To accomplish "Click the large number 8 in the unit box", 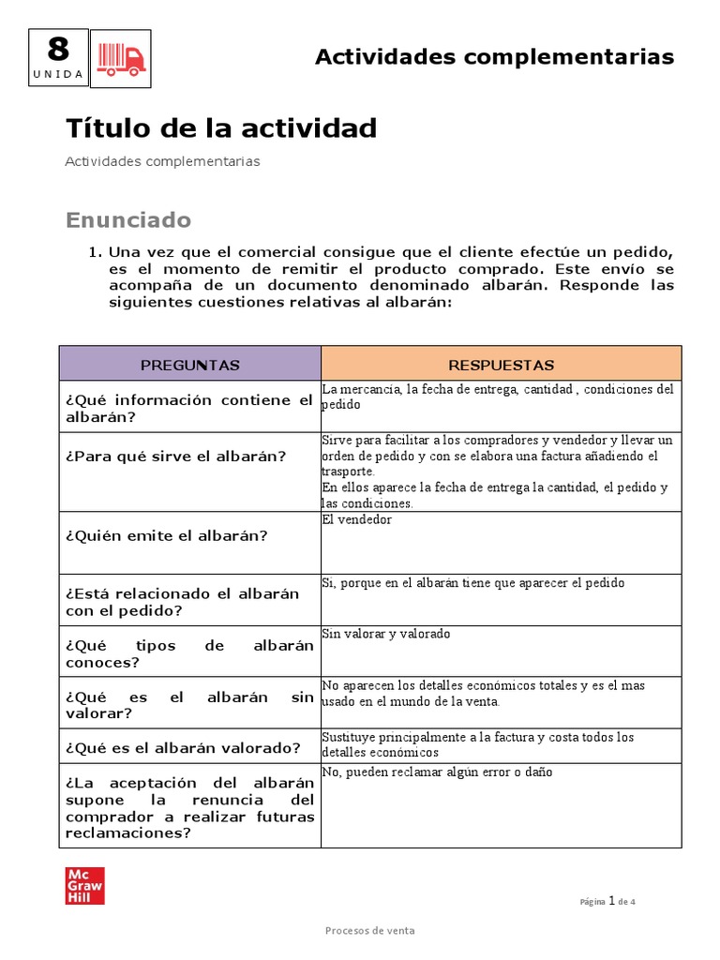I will point(58,49).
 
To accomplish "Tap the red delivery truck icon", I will point(122,59).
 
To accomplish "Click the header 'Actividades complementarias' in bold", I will point(494,57).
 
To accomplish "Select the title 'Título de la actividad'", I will point(221,128).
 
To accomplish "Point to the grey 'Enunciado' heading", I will point(128,220).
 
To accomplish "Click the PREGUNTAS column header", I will point(190,365).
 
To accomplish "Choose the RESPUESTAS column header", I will point(502,365).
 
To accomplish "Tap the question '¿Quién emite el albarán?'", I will point(167,536).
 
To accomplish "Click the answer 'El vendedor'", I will point(357,519).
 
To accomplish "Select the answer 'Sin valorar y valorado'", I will point(386,634).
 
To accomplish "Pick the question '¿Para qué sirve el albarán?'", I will point(176,457).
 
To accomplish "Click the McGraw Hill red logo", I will point(84,885).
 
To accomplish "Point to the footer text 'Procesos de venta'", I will point(370,931).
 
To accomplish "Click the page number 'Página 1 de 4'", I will point(607,902).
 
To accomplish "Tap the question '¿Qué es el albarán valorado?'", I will point(183,747).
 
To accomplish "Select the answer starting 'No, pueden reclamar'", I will point(437,772).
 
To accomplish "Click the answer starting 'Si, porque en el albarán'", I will point(472,583).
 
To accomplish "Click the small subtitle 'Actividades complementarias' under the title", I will point(162,161).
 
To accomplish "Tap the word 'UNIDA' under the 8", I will point(58,73).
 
